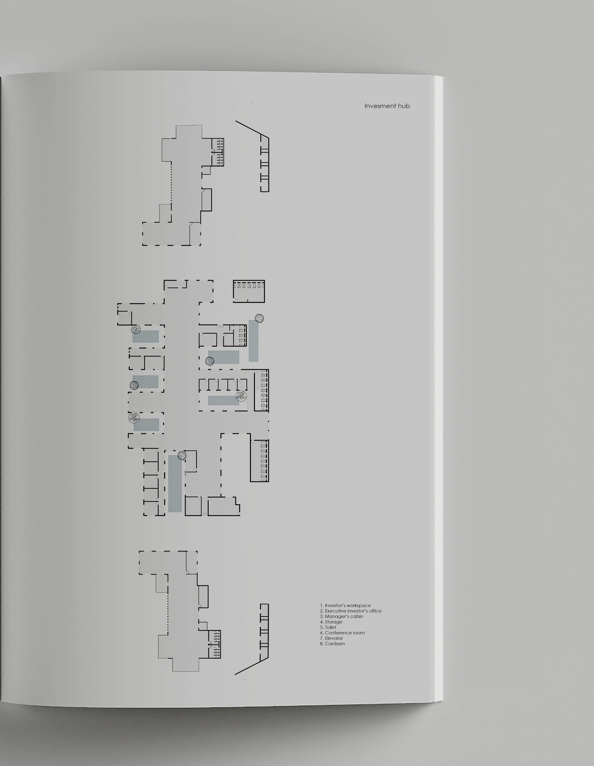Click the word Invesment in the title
point(380,106)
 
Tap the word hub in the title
point(404,106)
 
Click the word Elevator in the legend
point(334,638)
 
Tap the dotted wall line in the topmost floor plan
point(171,182)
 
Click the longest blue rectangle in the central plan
point(175,483)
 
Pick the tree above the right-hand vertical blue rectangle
point(259,318)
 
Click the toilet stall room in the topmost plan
point(217,152)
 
